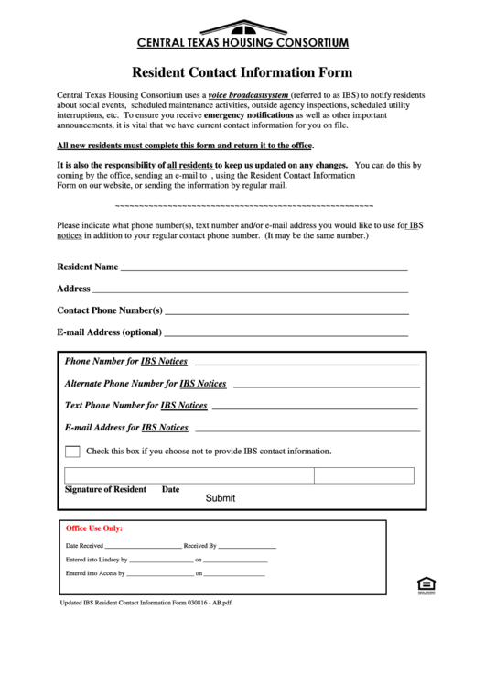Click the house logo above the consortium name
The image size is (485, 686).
[x=242, y=27]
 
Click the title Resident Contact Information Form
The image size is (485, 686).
[x=242, y=72]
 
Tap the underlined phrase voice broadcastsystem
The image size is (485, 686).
[x=248, y=95]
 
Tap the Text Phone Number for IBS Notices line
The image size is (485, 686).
[x=315, y=406]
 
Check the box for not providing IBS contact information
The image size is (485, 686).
[x=72, y=451]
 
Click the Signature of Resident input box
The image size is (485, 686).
[x=189, y=475]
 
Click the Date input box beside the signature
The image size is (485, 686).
[x=364, y=475]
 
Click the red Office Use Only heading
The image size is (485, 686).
[x=94, y=528]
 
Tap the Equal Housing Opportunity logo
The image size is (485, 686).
[x=424, y=585]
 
